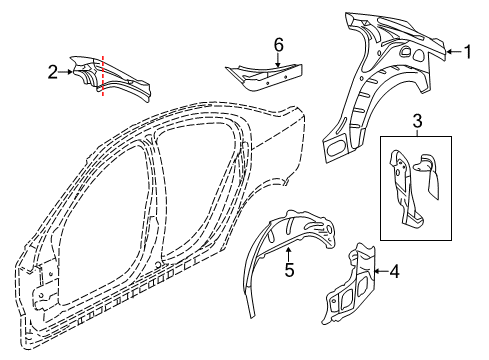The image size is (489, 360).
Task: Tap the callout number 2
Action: tap(52, 71)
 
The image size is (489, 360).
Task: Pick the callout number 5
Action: tap(289, 269)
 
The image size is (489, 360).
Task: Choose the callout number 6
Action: tap(279, 43)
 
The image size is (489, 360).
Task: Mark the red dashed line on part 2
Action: tap(103, 75)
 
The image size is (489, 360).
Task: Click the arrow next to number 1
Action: tap(449, 51)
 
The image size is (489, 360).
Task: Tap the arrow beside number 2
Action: tap(68, 71)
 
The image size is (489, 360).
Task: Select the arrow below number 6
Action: tap(279, 61)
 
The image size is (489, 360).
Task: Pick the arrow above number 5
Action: tap(289, 251)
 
